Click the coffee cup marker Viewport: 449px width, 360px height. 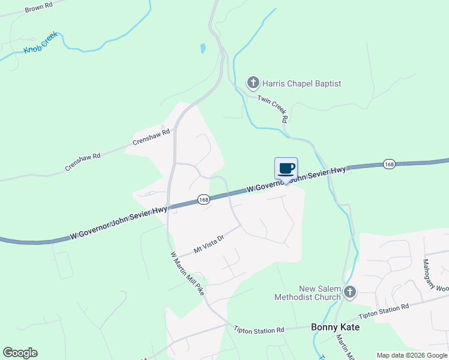[x=286, y=169]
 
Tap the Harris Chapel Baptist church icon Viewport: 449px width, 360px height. [x=253, y=83]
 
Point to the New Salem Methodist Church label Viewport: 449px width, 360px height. [x=307, y=292]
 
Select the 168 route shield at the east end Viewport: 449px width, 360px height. [x=390, y=164]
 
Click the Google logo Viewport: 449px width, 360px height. [x=20, y=353]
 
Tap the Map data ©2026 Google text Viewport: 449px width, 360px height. [x=412, y=355]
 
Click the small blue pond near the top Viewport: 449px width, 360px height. [x=203, y=47]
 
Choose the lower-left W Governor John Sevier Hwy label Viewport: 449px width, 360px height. [x=118, y=223]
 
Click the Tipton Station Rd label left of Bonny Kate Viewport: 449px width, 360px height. [x=259, y=330]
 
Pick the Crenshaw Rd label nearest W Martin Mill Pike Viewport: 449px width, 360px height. [x=151, y=138]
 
